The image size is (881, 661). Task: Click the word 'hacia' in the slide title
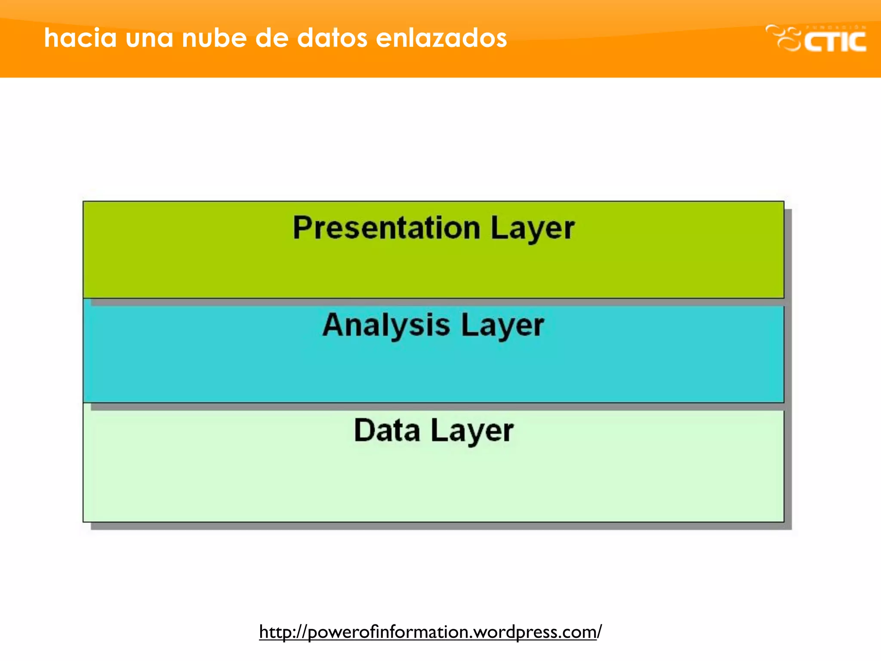click(x=80, y=38)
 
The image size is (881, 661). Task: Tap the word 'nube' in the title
click(x=214, y=38)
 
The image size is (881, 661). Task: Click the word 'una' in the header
click(x=149, y=38)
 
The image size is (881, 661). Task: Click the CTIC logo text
click(x=835, y=42)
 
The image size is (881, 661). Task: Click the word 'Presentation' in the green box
click(x=386, y=228)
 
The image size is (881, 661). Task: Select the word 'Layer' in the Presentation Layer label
click(x=532, y=229)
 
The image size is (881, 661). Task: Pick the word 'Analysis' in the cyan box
click(x=386, y=325)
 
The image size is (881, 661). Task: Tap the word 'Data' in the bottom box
click(x=387, y=430)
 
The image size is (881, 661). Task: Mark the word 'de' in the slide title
click(x=271, y=38)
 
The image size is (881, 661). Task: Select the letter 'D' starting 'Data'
click(x=363, y=430)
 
